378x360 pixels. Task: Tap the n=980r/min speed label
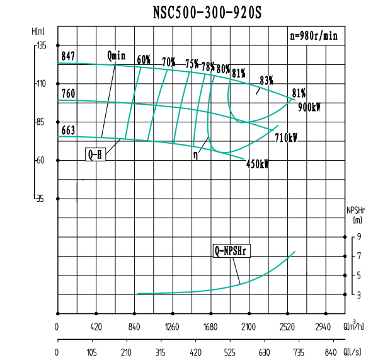(x=314, y=36)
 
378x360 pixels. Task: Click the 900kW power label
(x=309, y=107)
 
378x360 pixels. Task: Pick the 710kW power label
(x=286, y=137)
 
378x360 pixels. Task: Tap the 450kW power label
(x=257, y=164)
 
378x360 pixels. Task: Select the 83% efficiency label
(x=266, y=80)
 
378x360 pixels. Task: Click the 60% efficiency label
(x=144, y=60)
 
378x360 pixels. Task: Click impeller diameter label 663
(x=68, y=131)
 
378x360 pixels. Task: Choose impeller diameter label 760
(x=68, y=93)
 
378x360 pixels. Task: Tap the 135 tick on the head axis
(x=42, y=45)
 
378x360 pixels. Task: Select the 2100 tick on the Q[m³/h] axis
(x=249, y=327)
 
